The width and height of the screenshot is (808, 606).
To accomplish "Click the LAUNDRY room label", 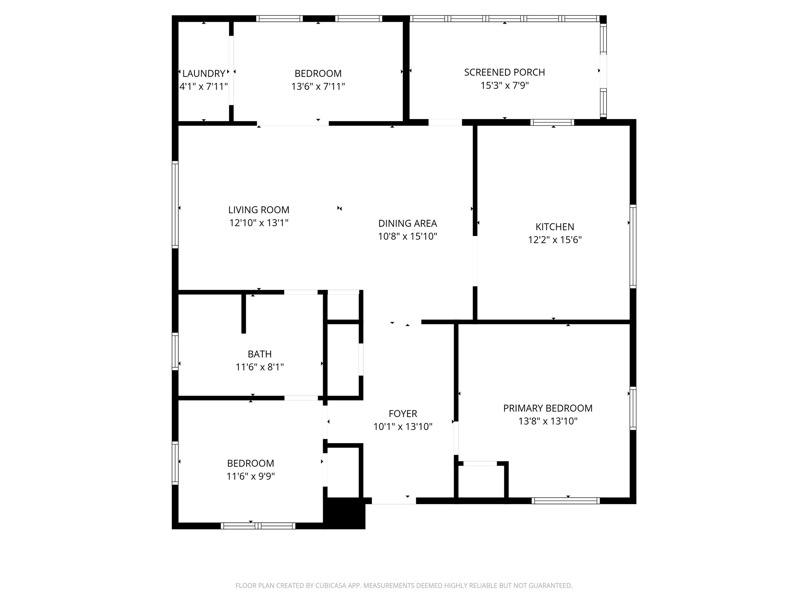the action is pyautogui.click(x=204, y=73).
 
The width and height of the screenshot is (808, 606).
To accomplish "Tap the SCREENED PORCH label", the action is pyautogui.click(x=505, y=72).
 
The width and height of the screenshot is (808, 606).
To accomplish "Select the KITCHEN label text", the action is pyautogui.click(x=555, y=227).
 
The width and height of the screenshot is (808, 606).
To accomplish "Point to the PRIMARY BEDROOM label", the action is pyautogui.click(x=548, y=408).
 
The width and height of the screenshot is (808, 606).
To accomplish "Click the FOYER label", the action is pyautogui.click(x=403, y=413).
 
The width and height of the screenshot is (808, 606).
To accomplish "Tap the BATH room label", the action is pyautogui.click(x=260, y=354).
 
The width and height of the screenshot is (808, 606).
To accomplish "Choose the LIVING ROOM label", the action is pyautogui.click(x=259, y=210).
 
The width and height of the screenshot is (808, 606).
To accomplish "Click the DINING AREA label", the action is pyautogui.click(x=408, y=223).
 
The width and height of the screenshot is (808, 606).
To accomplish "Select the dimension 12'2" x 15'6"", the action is pyautogui.click(x=555, y=240).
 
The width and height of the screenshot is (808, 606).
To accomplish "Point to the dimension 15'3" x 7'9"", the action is pyautogui.click(x=505, y=85).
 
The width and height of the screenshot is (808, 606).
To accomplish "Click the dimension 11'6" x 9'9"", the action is pyautogui.click(x=251, y=476).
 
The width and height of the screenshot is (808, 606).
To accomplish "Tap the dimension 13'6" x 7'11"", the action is pyautogui.click(x=318, y=86).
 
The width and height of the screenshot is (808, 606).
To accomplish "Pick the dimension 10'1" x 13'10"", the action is pyautogui.click(x=403, y=426).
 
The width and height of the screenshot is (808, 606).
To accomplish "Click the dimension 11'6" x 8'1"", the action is pyautogui.click(x=260, y=367).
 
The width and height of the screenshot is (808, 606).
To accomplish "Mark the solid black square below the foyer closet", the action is pyautogui.click(x=344, y=513).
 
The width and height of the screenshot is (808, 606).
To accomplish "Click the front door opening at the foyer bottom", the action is pyautogui.click(x=394, y=501).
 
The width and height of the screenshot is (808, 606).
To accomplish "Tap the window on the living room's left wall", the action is pyautogui.click(x=175, y=204).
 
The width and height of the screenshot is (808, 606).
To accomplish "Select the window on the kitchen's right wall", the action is pyautogui.click(x=633, y=247).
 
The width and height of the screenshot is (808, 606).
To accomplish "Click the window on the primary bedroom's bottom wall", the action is pyautogui.click(x=566, y=501).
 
